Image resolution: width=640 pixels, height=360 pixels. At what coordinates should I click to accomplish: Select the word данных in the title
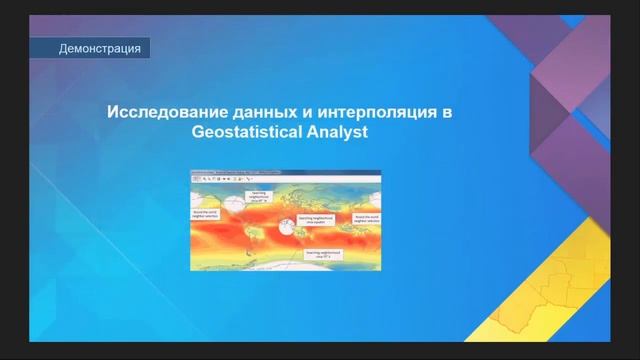pyautogui.click(x=256, y=112)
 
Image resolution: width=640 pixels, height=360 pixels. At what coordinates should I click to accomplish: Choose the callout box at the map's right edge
pyautogui.click(x=366, y=217)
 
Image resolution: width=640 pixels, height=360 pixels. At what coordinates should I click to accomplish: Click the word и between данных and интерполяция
pyautogui.click(x=299, y=112)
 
